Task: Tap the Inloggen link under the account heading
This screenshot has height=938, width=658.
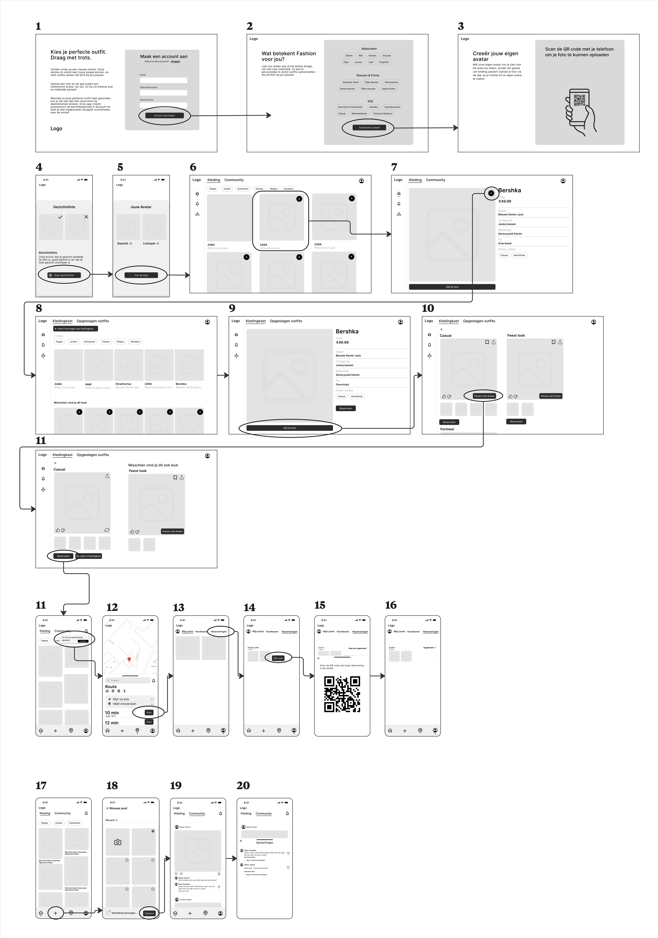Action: (x=175, y=62)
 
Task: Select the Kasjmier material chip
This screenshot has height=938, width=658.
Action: (x=384, y=62)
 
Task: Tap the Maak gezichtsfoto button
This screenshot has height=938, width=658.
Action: (x=64, y=275)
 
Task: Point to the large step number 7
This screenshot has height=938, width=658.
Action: (x=394, y=167)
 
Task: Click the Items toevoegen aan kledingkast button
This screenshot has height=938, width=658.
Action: (x=76, y=328)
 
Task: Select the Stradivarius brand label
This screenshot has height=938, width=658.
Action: (x=123, y=384)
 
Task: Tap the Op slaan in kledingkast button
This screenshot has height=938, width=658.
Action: (x=89, y=556)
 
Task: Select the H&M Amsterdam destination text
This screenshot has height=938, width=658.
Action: (x=125, y=704)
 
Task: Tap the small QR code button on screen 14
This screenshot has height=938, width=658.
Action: (x=278, y=658)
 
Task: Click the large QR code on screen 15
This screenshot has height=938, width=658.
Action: (x=342, y=694)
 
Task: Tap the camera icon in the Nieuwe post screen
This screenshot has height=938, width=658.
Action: (x=118, y=842)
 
